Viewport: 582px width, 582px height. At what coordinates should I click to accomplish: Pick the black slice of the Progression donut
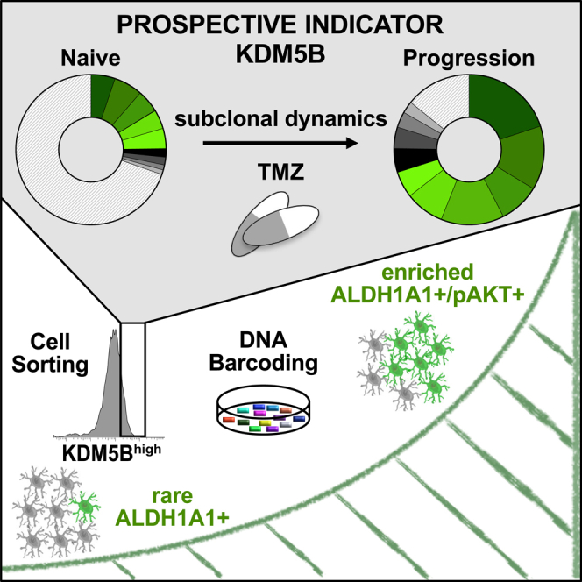coord(408,160)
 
